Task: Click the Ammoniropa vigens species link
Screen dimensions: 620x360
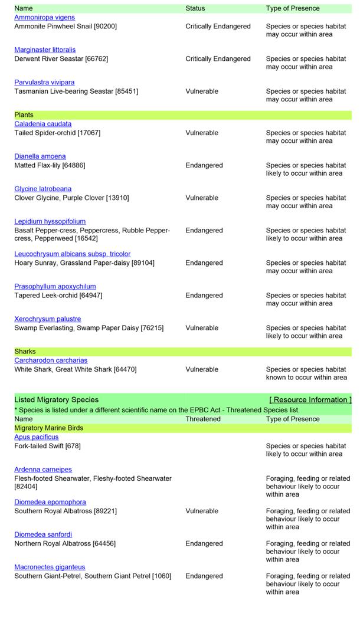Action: [45, 18]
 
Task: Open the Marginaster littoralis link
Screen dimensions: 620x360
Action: [45, 50]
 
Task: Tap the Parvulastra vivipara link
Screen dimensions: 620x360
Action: [44, 83]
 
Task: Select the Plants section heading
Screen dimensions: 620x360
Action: [24, 115]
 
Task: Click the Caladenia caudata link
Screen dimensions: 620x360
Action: [43, 124]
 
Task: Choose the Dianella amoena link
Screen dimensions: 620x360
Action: [40, 156]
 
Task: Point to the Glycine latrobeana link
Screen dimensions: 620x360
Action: [43, 189]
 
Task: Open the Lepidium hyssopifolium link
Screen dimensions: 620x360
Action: [50, 222]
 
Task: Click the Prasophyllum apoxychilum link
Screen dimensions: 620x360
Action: [55, 287]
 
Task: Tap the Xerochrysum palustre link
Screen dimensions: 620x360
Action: [48, 319]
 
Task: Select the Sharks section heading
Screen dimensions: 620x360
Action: [25, 352]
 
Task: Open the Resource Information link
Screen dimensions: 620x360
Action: [310, 400]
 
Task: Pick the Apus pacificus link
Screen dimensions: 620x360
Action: [37, 437]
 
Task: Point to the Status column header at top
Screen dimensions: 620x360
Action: [195, 9]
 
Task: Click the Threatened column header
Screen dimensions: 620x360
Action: [203, 419]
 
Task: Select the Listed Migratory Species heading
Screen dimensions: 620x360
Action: [57, 400]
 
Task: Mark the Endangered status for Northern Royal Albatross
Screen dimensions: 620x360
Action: [204, 544]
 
